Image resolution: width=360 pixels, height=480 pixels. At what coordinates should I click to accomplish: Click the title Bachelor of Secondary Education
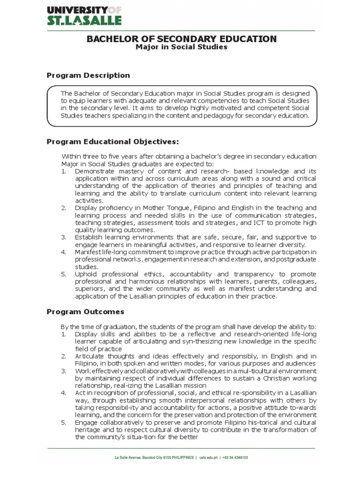tap(181, 39)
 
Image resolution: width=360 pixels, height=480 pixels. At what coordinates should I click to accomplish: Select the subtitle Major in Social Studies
tap(181, 48)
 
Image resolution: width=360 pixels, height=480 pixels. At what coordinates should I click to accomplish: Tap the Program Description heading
tap(88, 75)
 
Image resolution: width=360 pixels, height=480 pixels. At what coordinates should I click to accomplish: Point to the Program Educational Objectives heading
tap(113, 142)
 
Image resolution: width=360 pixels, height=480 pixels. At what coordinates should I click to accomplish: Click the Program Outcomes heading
tap(85, 312)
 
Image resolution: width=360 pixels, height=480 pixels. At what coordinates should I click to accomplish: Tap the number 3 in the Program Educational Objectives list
tap(64, 237)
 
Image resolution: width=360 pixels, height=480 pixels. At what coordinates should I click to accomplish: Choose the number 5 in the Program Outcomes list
tap(64, 423)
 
